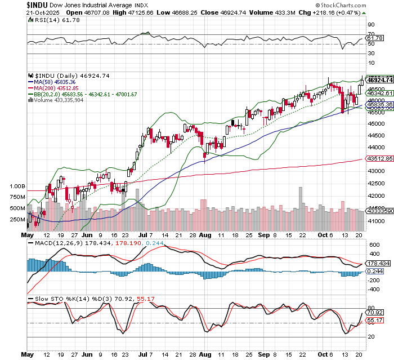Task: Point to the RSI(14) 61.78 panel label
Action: (49, 19)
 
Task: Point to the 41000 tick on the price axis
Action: (377, 222)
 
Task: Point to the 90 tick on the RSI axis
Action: (371, 25)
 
